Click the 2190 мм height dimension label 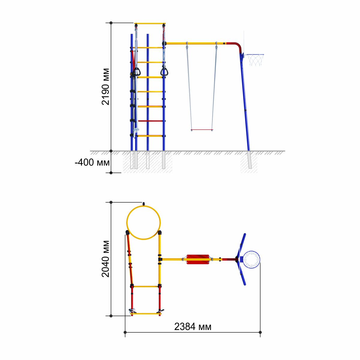(105, 87)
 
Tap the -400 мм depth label (92, 162)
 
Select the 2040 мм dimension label (105, 259)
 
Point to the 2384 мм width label (193, 327)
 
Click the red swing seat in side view (202, 130)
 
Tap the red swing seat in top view (198, 259)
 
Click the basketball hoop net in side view (255, 60)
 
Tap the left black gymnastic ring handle (136, 72)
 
